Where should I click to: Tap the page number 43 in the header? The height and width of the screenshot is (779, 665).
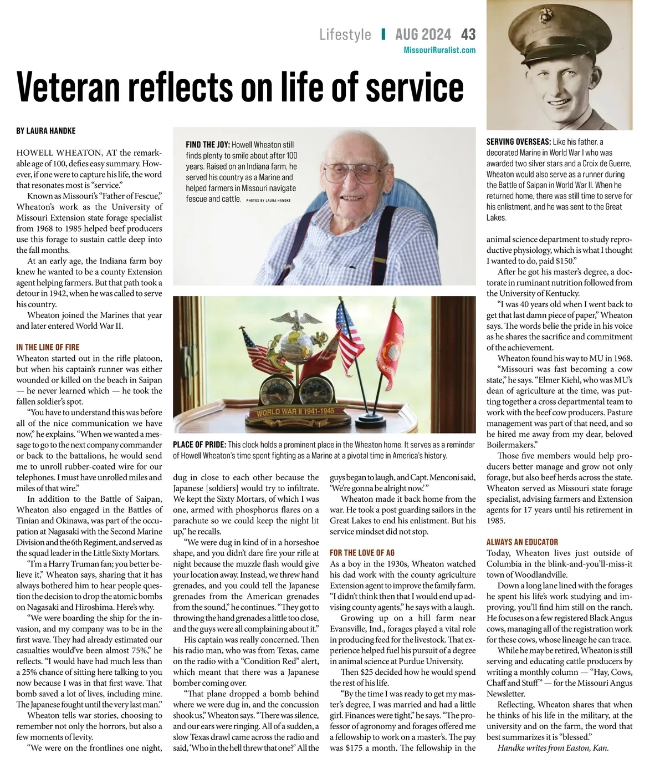click(x=468, y=35)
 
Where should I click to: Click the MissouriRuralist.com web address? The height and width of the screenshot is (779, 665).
click(x=439, y=50)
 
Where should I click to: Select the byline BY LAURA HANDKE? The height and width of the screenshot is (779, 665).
click(x=46, y=131)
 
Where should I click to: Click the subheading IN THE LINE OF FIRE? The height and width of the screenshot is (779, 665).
click(x=48, y=347)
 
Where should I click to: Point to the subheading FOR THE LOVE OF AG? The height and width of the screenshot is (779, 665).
click(x=362, y=553)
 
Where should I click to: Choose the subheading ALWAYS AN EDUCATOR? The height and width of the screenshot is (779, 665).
click(x=522, y=542)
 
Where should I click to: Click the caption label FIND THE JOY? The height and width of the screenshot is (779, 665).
click(x=207, y=145)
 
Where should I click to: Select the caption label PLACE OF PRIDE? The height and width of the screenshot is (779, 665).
click(x=199, y=445)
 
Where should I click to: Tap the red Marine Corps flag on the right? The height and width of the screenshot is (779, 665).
click(x=388, y=352)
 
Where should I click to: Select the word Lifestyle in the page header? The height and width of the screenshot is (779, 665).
click(x=345, y=35)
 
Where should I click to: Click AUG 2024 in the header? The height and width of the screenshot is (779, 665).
click(x=423, y=35)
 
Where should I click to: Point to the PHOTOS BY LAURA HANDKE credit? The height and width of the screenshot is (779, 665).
click(x=268, y=200)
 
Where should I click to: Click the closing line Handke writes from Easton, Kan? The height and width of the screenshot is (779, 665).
click(x=553, y=747)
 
